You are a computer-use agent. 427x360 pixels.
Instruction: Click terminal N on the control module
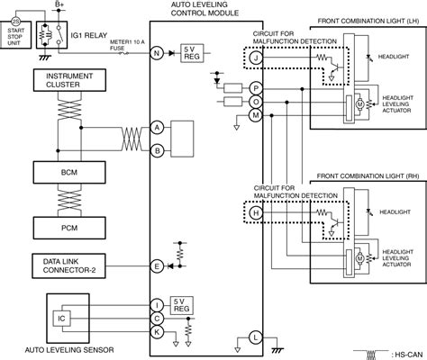157,54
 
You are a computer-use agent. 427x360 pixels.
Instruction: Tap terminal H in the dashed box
255,212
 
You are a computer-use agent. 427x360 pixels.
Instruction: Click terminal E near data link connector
157,265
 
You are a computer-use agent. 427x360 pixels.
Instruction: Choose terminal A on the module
157,127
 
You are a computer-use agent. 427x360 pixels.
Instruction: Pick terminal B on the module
157,150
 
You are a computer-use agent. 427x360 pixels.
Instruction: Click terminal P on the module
256,88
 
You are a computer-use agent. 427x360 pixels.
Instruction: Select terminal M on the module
256,115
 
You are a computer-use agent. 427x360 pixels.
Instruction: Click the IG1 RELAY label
89,36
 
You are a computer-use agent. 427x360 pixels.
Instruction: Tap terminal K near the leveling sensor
157,332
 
